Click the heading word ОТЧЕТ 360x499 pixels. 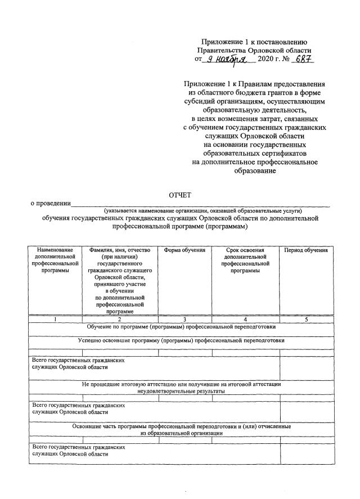pyautogui.click(x=180, y=195)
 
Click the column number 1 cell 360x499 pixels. pyautogui.click(x=55, y=319)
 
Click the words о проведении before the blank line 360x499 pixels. pyautogui.click(x=51, y=203)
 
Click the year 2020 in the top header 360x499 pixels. pyautogui.click(x=266, y=59)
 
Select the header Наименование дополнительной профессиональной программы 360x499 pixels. pyautogui.click(x=55, y=260)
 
